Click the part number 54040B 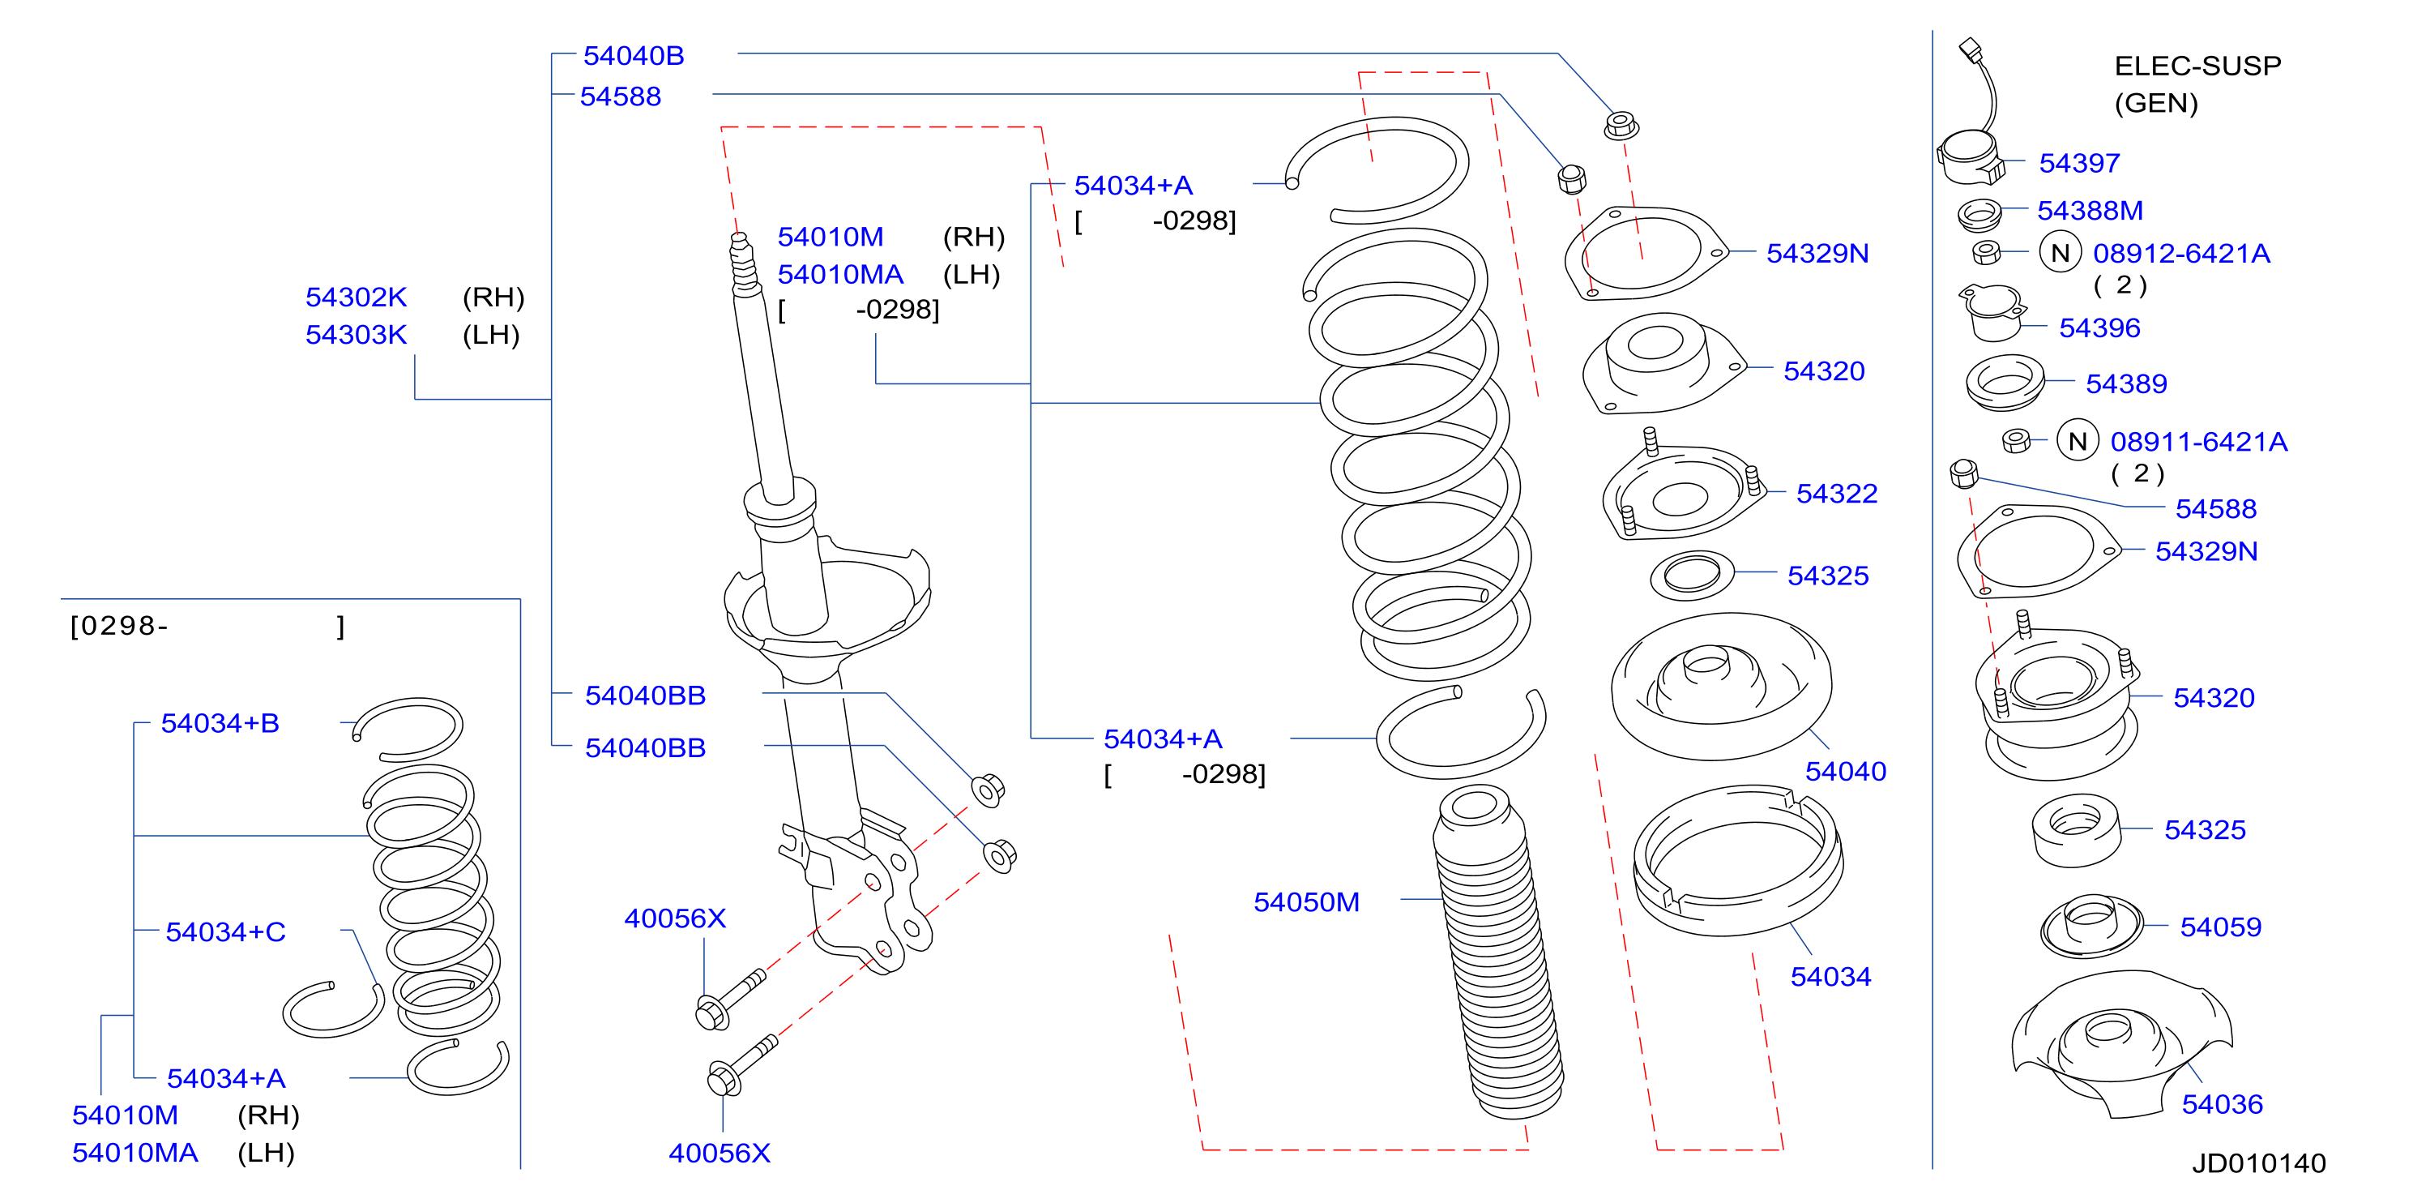coord(633,56)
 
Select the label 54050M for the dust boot coord(1305,902)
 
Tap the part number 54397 coord(2079,163)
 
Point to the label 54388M coord(2090,211)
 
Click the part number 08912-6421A coord(2181,253)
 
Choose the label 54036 coord(2222,1104)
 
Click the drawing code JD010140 coord(2258,1163)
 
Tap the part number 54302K coord(356,298)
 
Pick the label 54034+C coord(225,932)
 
